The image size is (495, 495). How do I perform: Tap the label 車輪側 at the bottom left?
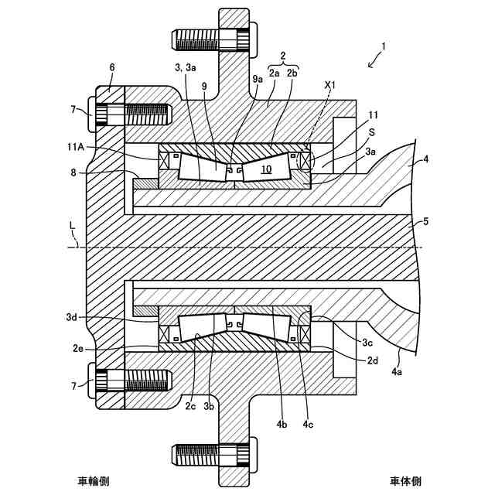click(94, 481)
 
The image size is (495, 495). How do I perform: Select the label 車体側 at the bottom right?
click(405, 481)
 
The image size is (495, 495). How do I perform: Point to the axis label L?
click(72, 226)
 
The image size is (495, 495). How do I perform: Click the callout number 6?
click(111, 67)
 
